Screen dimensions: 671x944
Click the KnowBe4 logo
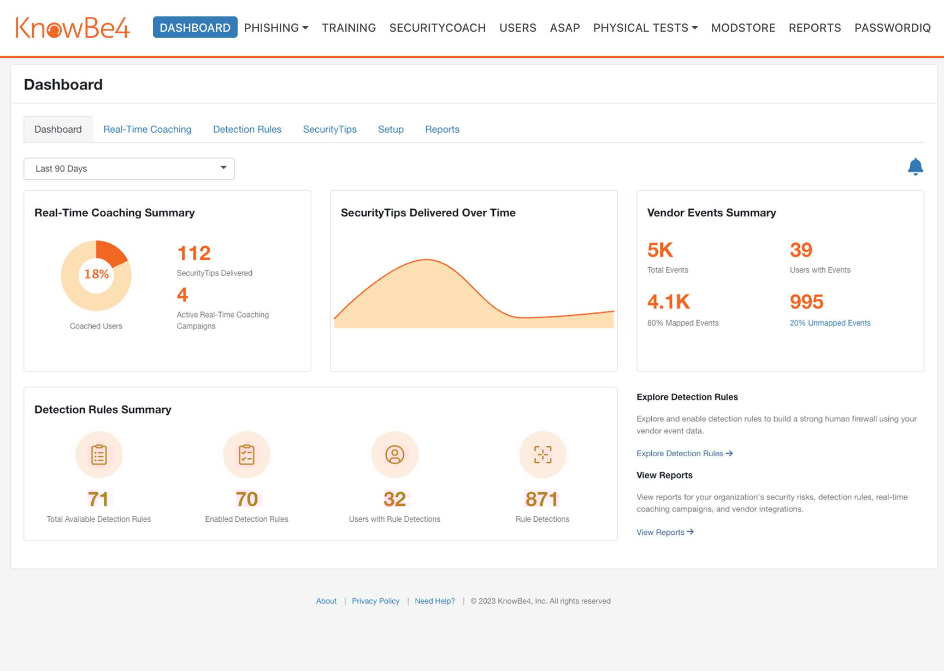pyautogui.click(x=73, y=28)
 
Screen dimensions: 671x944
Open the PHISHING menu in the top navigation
pyautogui.click(x=276, y=28)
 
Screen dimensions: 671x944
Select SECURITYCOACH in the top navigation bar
pyautogui.click(x=437, y=28)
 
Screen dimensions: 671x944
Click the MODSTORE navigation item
pyautogui.click(x=743, y=28)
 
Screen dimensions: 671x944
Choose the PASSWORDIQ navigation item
pyautogui.click(x=892, y=28)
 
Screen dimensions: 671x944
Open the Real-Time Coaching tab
pyautogui.click(x=147, y=130)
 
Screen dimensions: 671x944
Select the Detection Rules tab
pyautogui.click(x=247, y=130)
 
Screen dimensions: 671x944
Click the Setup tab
pyautogui.click(x=391, y=130)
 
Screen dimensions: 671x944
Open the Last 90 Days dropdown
pyautogui.click(x=129, y=169)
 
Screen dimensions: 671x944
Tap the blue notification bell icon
pyautogui.click(x=915, y=167)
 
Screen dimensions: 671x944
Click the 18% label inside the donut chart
pyautogui.click(x=96, y=274)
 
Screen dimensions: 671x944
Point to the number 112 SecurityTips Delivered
pyautogui.click(x=194, y=254)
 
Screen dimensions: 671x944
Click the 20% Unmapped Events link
pyautogui.click(x=830, y=323)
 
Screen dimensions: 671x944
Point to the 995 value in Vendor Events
pyautogui.click(x=806, y=302)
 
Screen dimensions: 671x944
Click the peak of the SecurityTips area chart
pyautogui.click(x=426, y=260)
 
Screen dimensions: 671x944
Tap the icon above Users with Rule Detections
pyautogui.click(x=394, y=455)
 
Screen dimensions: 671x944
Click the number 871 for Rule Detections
pyautogui.click(x=541, y=499)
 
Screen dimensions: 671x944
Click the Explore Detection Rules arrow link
pyautogui.click(x=684, y=454)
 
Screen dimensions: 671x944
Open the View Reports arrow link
pyautogui.click(x=664, y=532)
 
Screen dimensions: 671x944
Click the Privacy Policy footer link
pyautogui.click(x=375, y=601)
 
